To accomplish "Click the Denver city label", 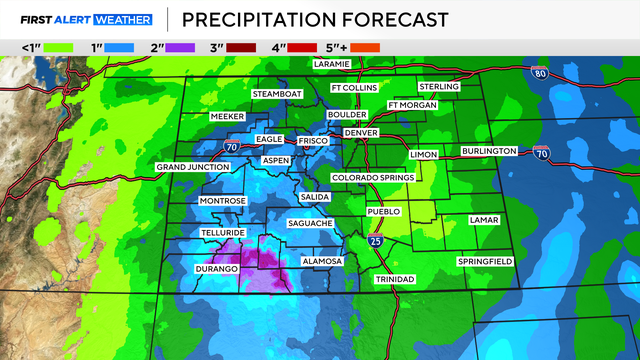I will [359, 133].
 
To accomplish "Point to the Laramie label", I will [331, 64].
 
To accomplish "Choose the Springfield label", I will [485, 261].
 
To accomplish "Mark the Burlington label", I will [489, 151].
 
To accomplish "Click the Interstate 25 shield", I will [373, 241].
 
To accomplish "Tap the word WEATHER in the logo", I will [121, 19].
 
